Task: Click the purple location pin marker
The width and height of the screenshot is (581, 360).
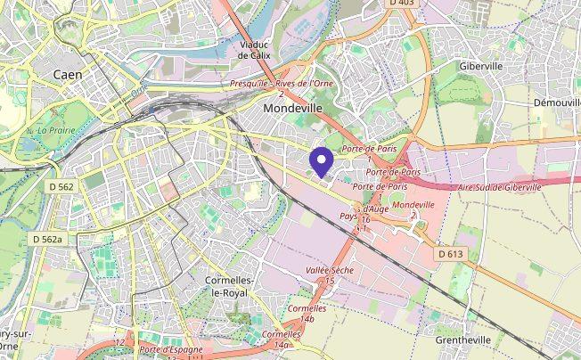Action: [x=321, y=161]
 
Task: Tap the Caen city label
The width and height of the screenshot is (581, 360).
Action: [x=68, y=75]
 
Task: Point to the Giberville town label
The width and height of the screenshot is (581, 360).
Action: [x=482, y=66]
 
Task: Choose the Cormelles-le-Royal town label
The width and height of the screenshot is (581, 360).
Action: [x=231, y=285]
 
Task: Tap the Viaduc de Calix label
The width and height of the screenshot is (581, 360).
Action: [x=255, y=49]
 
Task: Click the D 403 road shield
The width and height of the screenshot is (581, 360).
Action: [x=402, y=4]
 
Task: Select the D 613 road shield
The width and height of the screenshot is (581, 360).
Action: [x=452, y=255]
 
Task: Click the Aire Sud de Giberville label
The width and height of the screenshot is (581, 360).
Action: [x=498, y=187]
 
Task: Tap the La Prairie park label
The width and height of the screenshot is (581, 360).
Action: [x=55, y=130]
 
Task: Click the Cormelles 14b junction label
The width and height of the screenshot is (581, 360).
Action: [x=307, y=313]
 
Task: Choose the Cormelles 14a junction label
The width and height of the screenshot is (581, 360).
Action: [x=282, y=339]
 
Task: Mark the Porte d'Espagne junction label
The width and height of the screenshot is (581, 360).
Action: [x=171, y=350]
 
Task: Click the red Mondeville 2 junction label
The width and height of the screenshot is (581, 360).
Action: [x=413, y=209]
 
